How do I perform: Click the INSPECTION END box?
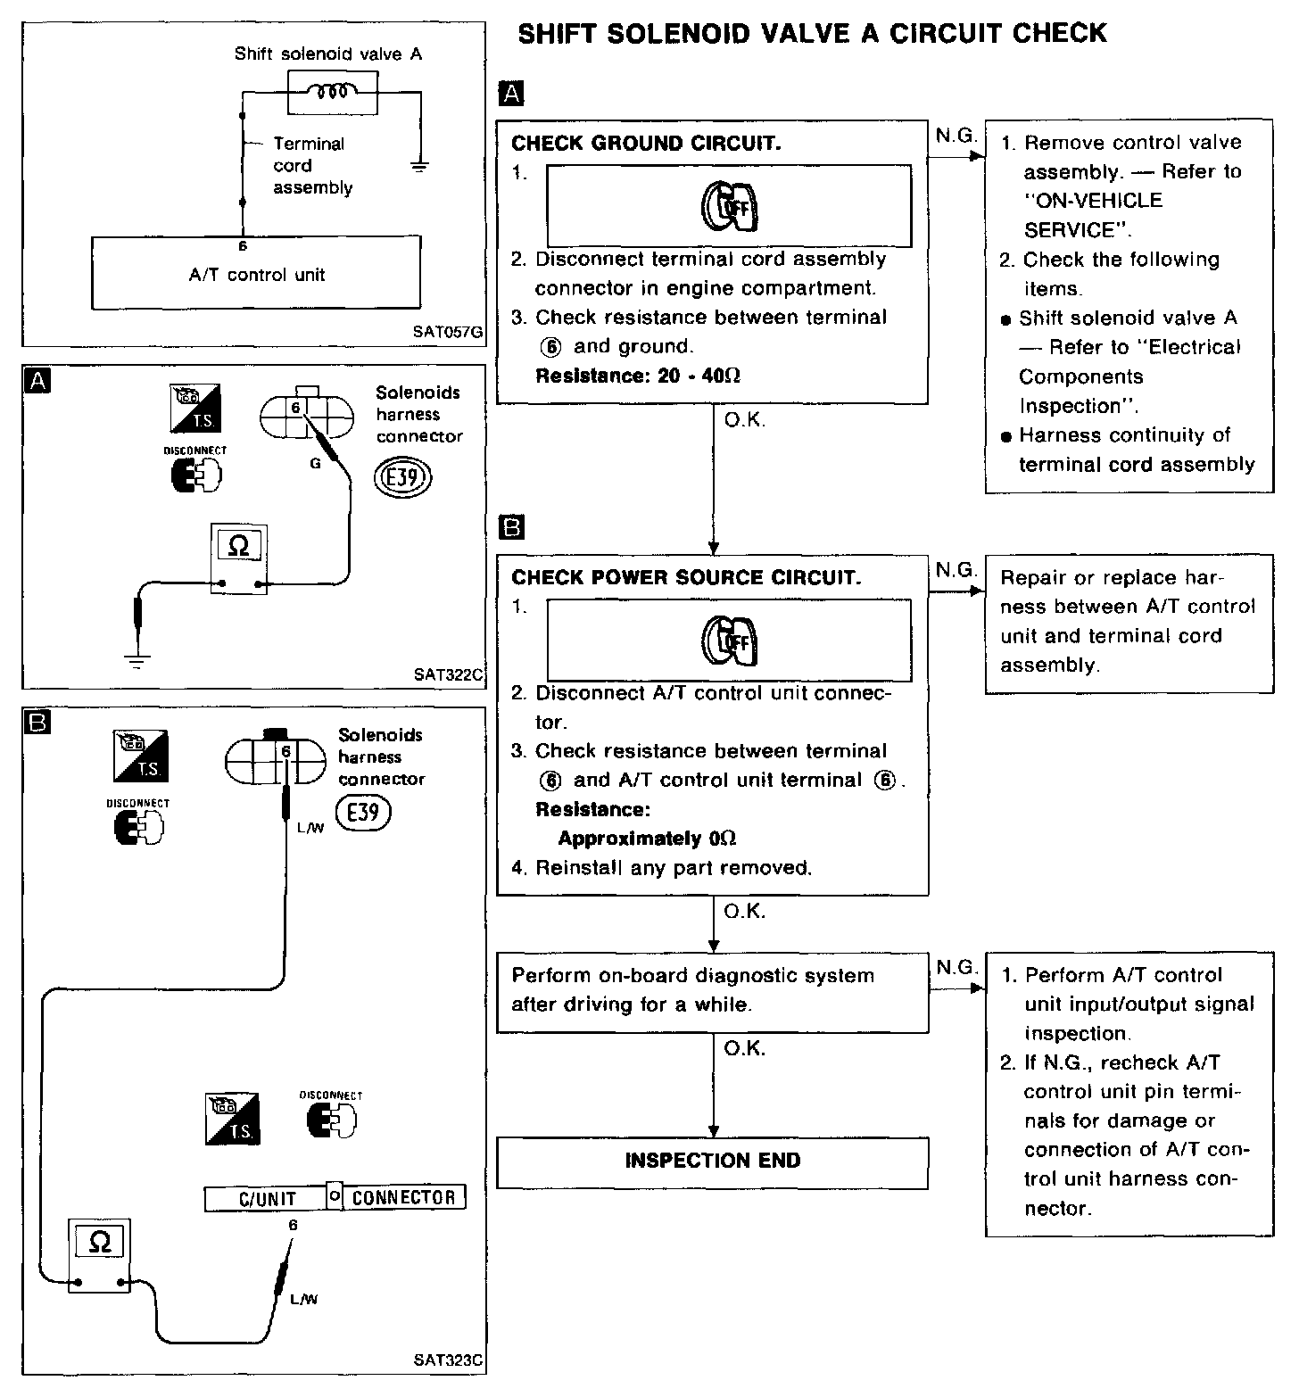712,1161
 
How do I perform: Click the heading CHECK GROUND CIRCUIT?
646,144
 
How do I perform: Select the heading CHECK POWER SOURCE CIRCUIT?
686,577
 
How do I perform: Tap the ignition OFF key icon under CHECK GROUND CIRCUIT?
728,206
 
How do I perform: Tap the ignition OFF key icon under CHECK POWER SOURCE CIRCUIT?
728,641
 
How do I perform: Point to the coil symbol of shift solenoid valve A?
332,93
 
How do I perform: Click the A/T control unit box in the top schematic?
256,274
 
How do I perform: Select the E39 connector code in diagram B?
362,813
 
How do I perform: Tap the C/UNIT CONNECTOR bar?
335,1197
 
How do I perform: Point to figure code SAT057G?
448,332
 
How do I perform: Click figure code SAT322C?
448,674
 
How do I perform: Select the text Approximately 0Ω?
647,839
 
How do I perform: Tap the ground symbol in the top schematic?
418,166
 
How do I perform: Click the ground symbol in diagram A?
137,660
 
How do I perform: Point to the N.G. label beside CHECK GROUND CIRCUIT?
956,136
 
